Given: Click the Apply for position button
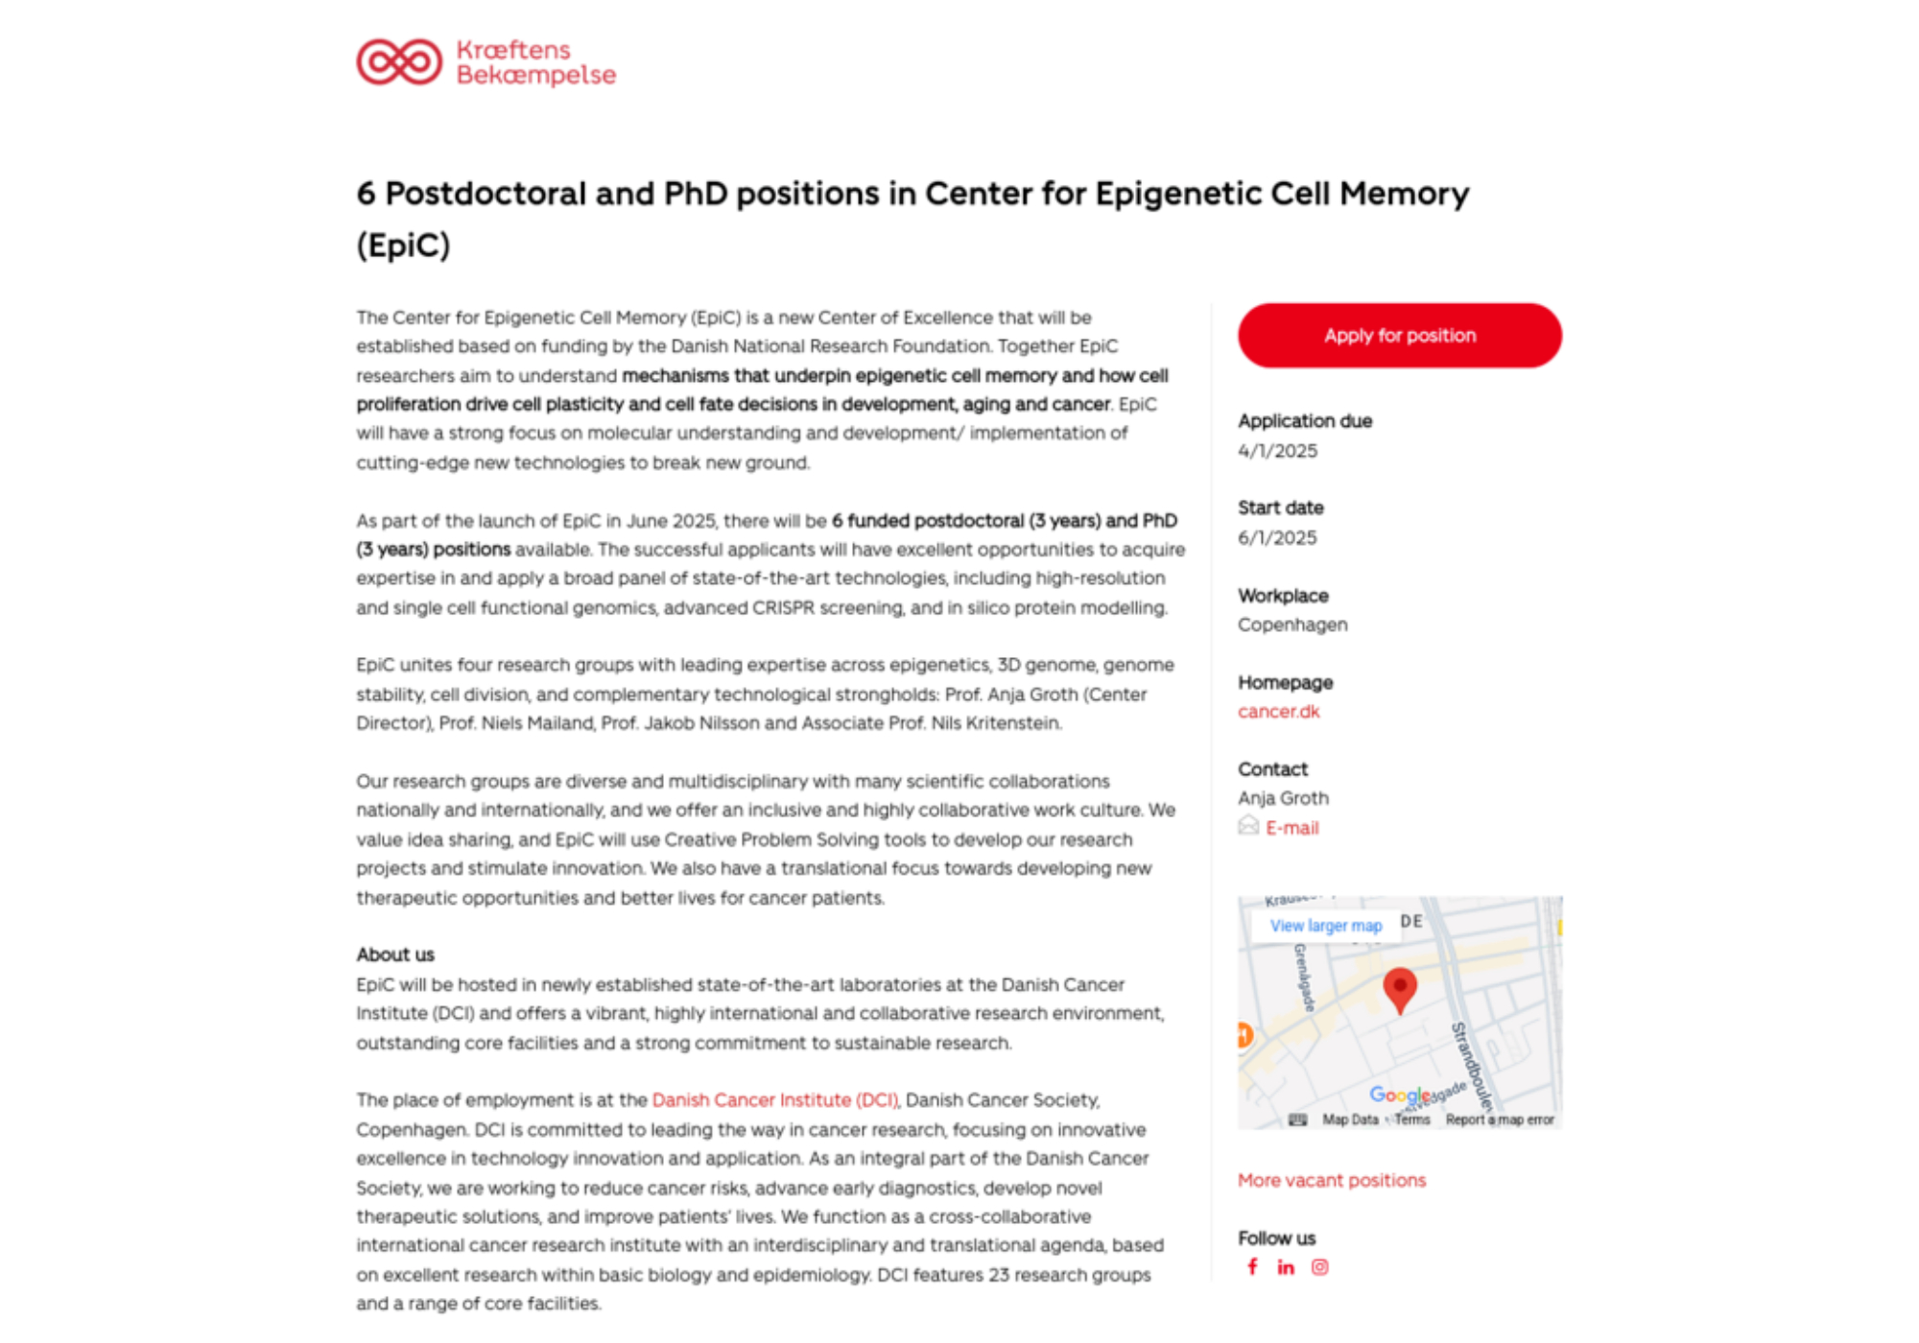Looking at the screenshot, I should tap(1399, 336).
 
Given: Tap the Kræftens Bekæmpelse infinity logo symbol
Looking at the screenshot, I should tap(399, 62).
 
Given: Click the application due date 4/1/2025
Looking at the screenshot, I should tap(1277, 451).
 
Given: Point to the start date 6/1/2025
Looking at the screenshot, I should tap(1277, 538).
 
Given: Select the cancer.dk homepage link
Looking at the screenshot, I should tap(1278, 712).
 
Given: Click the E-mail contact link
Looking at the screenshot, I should tap(1291, 828).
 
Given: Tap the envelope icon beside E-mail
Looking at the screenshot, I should tap(1247, 826).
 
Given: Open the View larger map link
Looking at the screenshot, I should tap(1325, 926).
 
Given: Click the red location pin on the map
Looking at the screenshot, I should tap(1400, 988).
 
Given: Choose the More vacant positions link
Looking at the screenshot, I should tap(1331, 1181).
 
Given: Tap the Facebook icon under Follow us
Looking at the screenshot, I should tap(1252, 1267).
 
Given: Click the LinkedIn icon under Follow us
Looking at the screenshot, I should tap(1286, 1268).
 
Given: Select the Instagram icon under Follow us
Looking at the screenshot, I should tap(1320, 1267).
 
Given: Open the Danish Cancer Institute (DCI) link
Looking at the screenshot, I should tap(774, 1100).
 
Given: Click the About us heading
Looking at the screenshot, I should tap(395, 954).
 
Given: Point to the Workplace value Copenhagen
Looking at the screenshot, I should tap(1291, 625).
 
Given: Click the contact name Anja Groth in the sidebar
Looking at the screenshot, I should tap(1283, 798).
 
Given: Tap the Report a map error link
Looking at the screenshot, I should tap(1499, 1119).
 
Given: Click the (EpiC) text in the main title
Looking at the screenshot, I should tap(403, 246).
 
